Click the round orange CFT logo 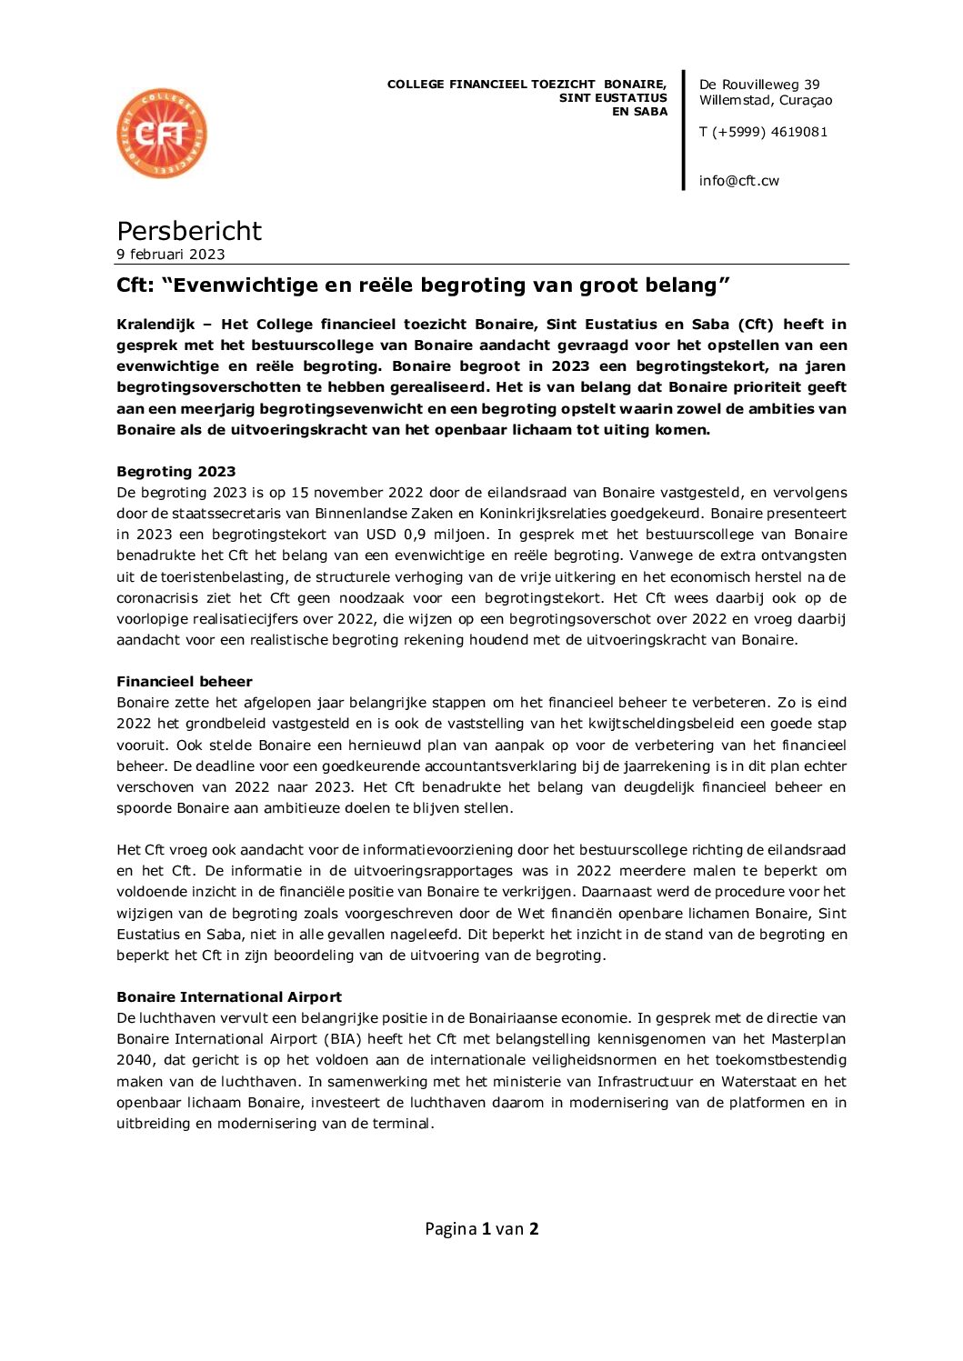pyautogui.click(x=162, y=134)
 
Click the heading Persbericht pyautogui.click(x=189, y=231)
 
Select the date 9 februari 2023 pyautogui.click(x=171, y=255)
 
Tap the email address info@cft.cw pyautogui.click(x=738, y=181)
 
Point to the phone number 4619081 pyautogui.click(x=798, y=132)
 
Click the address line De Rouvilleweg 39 pyautogui.click(x=759, y=85)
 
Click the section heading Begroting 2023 pyautogui.click(x=176, y=472)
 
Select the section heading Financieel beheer pyautogui.click(x=185, y=682)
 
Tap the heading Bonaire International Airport pyautogui.click(x=229, y=997)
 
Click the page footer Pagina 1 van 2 pyautogui.click(x=481, y=1229)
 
